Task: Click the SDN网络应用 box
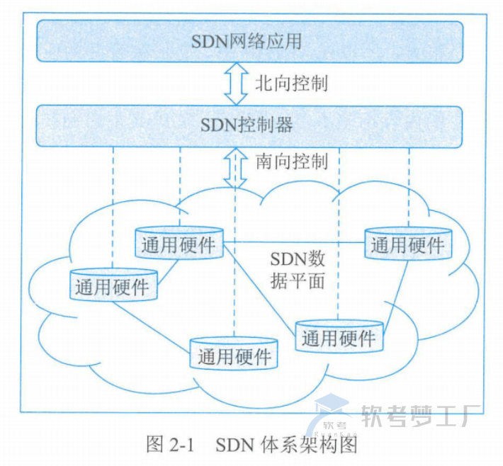tap(249, 42)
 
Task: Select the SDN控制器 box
tap(249, 126)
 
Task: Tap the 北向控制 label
tap(291, 84)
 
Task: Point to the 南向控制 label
tap(291, 161)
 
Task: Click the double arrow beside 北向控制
tap(234, 84)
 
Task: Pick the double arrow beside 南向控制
tap(234, 167)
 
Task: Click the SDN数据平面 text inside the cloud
tap(298, 270)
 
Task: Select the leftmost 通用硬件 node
tap(113, 286)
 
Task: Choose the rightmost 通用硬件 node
tap(409, 245)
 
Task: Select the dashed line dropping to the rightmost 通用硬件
tap(409, 184)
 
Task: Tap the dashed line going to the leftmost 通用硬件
tap(113, 205)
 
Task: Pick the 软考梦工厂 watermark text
tap(422, 417)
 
